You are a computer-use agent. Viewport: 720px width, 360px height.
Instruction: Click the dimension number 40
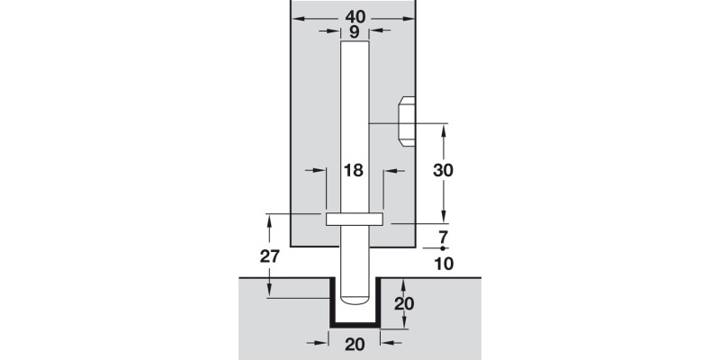pyautogui.click(x=354, y=16)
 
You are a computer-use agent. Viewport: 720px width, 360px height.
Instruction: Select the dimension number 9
pyautogui.click(x=354, y=31)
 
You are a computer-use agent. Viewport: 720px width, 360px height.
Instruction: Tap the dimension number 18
pyautogui.click(x=354, y=169)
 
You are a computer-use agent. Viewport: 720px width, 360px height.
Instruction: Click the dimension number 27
pyautogui.click(x=268, y=256)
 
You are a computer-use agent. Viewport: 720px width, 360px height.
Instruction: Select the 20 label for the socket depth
pyautogui.click(x=404, y=303)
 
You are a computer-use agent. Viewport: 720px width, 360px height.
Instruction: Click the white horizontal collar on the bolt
pyautogui.click(x=354, y=218)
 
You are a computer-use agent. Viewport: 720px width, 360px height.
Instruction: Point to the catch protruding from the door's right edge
pyautogui.click(x=406, y=121)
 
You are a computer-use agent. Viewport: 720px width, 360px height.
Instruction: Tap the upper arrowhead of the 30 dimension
pyautogui.click(x=443, y=127)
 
